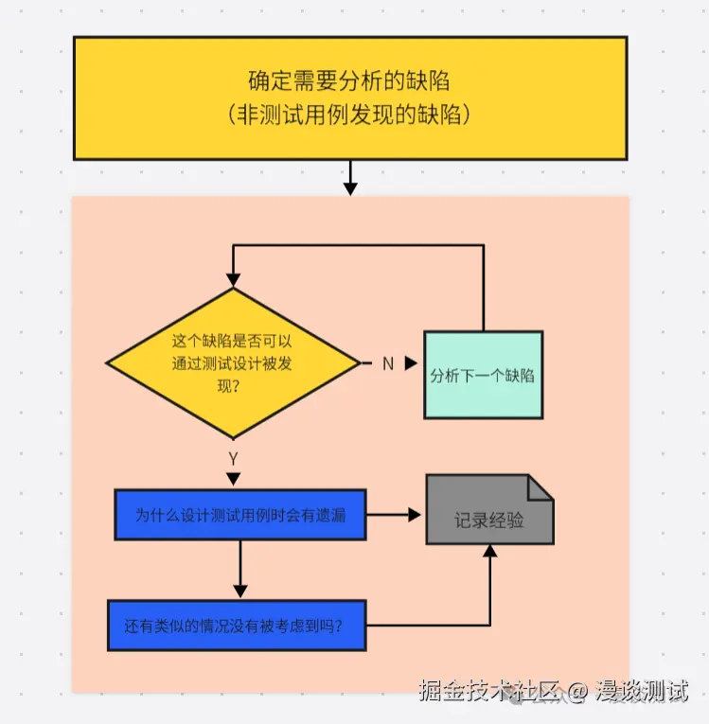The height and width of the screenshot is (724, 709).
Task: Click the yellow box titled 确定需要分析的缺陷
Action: pyautogui.click(x=349, y=97)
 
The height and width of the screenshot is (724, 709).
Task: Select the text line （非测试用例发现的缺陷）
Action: pyautogui.click(x=349, y=115)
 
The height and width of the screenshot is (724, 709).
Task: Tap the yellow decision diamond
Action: pyautogui.click(x=232, y=363)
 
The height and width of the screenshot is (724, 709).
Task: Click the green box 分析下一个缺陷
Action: pyautogui.click(x=483, y=375)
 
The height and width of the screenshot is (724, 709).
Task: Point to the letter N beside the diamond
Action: pyautogui.click(x=387, y=363)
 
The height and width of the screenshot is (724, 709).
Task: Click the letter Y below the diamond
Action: pyautogui.click(x=233, y=458)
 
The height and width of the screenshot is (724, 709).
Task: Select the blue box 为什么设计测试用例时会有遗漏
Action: pyautogui.click(x=240, y=515)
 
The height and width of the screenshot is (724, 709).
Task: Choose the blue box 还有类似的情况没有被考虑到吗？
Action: pyautogui.click(x=236, y=626)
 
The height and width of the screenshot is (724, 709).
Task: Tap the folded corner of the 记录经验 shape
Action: pyautogui.click(x=541, y=486)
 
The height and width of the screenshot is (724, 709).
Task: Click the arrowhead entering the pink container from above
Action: pyautogui.click(x=350, y=188)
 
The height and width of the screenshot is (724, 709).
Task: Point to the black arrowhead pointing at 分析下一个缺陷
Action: pyautogui.click(x=411, y=363)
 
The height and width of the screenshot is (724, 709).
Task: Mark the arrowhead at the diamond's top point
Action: pyautogui.click(x=233, y=280)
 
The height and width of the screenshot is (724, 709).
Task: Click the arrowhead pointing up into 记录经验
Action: pyautogui.click(x=489, y=552)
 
